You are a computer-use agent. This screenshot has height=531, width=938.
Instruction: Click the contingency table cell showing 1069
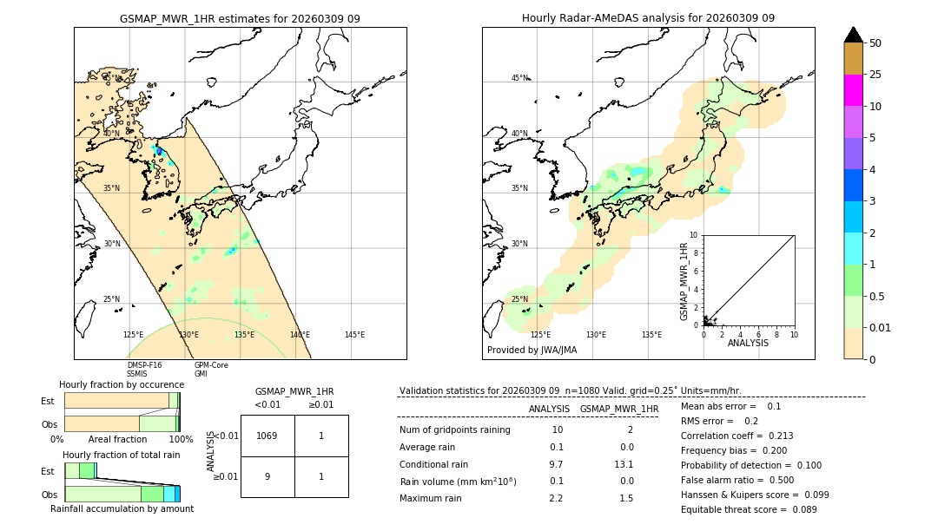[x=268, y=436]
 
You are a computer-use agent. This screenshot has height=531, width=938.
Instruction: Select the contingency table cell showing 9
[x=268, y=476]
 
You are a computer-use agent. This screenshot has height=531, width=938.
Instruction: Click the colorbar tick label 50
[x=875, y=43]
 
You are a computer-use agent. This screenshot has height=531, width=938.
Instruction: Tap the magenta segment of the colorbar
[x=853, y=90]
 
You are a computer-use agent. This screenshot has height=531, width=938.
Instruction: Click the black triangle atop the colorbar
[x=853, y=35]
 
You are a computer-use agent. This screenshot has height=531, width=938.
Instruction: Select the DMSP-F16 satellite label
[x=144, y=365]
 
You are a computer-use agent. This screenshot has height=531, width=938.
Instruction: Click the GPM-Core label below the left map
[x=211, y=365]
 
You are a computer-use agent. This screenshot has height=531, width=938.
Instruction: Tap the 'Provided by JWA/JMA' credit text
[x=532, y=351]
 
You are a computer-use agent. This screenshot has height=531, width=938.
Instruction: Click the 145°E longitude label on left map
[x=354, y=335]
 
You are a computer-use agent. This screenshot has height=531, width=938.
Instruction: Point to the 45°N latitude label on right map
[x=519, y=78]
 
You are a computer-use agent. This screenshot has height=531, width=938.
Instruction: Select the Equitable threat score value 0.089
[x=798, y=509]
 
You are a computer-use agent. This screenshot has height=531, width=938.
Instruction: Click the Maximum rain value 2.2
[x=556, y=498]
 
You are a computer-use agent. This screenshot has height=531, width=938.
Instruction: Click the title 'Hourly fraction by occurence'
[x=122, y=384]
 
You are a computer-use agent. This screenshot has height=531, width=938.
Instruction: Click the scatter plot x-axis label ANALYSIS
[x=748, y=343]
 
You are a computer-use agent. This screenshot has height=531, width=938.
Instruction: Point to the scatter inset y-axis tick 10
[x=694, y=235]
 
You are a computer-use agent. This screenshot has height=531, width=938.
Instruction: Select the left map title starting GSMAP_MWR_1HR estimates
[x=240, y=18]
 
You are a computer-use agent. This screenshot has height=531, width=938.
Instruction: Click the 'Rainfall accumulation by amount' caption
[x=122, y=508]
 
